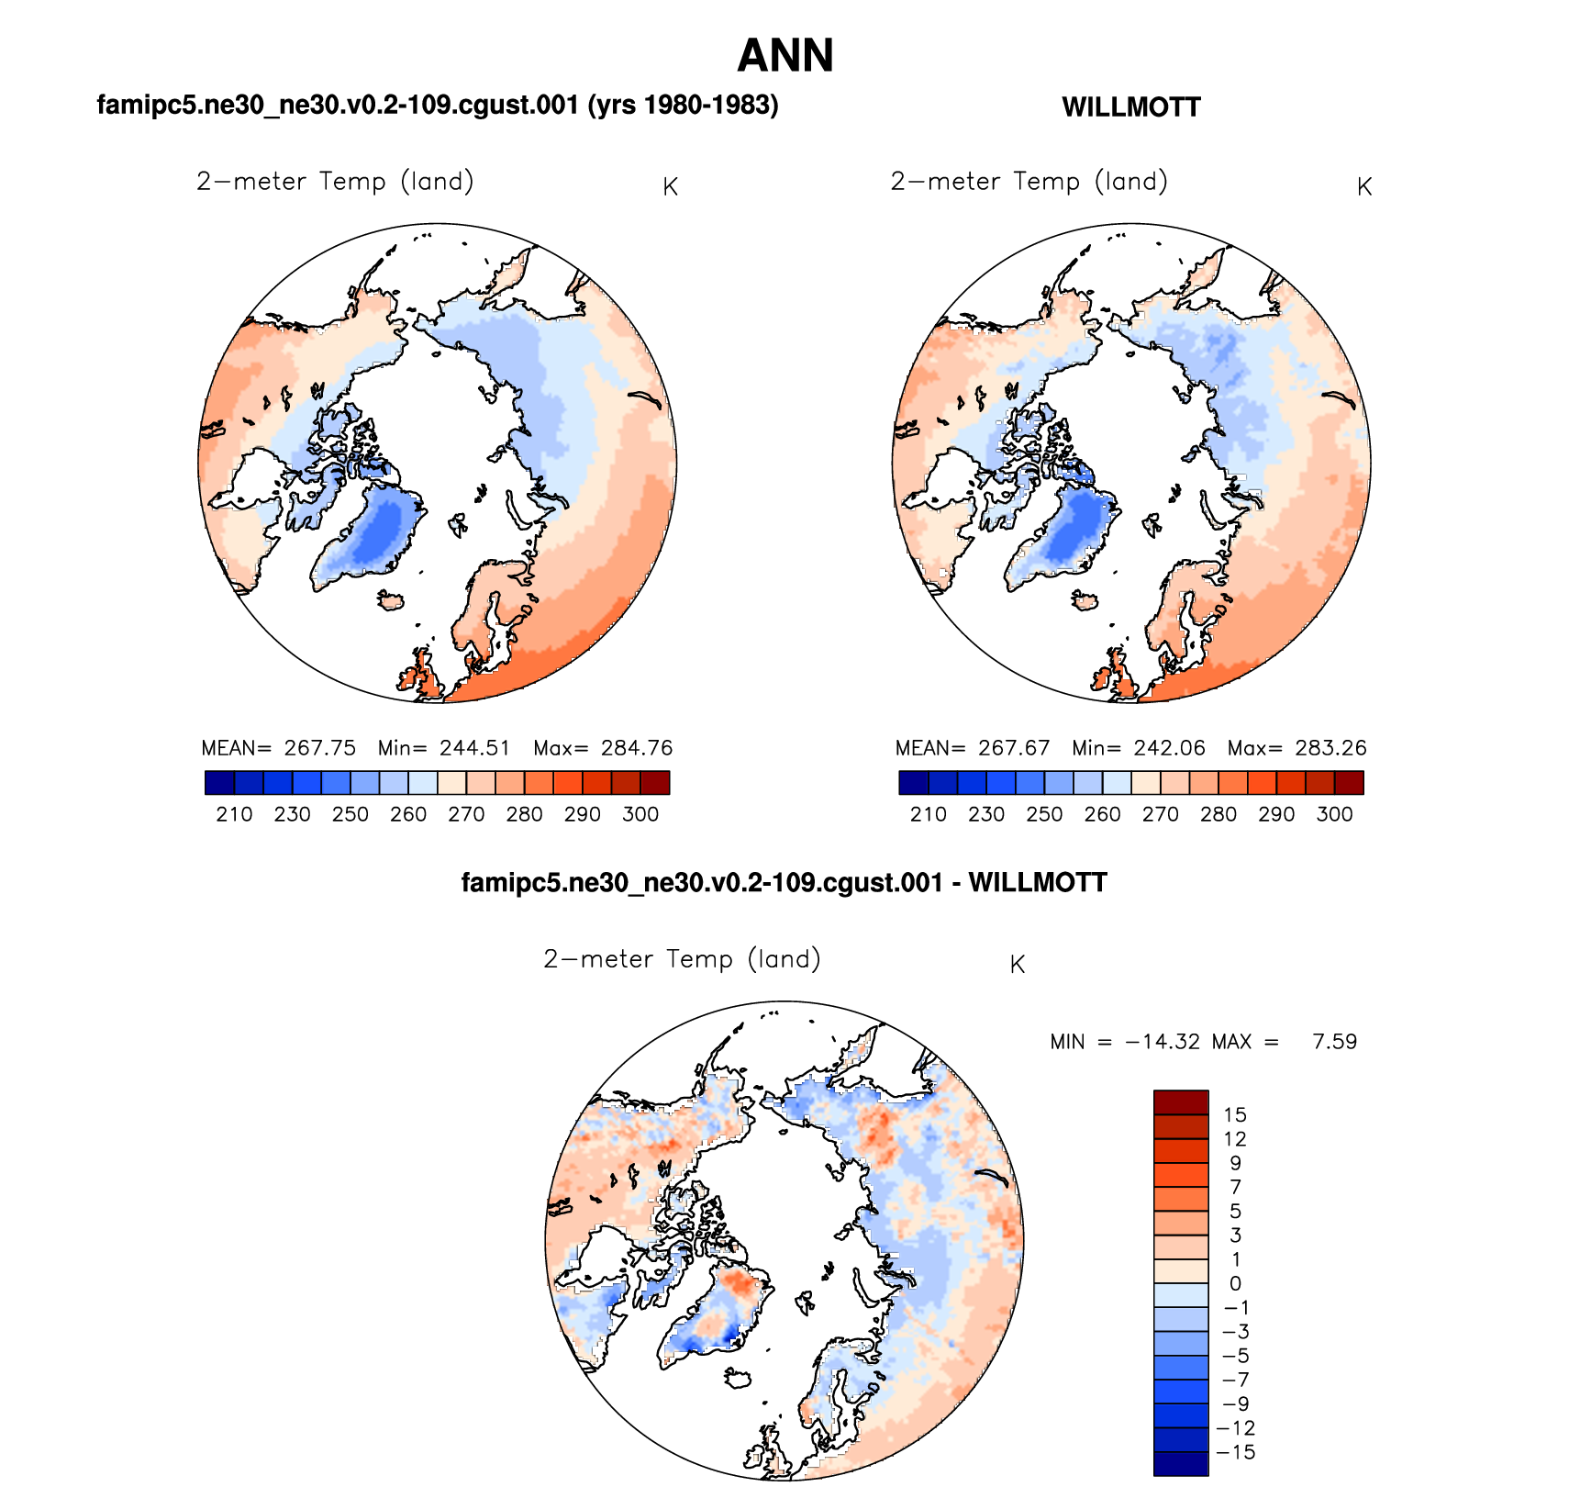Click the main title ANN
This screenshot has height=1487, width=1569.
pyautogui.click(x=785, y=56)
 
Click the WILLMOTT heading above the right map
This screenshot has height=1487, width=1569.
pyautogui.click(x=1130, y=107)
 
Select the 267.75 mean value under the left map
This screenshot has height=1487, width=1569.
pyautogui.click(x=319, y=748)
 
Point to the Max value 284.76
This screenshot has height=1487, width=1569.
pyautogui.click(x=637, y=748)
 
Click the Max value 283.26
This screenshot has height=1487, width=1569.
pyautogui.click(x=1330, y=748)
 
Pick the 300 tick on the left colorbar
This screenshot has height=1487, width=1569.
pyautogui.click(x=640, y=814)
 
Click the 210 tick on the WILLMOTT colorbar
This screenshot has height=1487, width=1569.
pyautogui.click(x=929, y=814)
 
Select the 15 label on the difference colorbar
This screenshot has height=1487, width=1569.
pyautogui.click(x=1235, y=1115)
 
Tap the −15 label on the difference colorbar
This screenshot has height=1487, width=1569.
pyautogui.click(x=1235, y=1452)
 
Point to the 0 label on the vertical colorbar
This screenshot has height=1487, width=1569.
pyautogui.click(x=1235, y=1284)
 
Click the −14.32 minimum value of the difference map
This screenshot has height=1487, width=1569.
pyautogui.click(x=1163, y=1042)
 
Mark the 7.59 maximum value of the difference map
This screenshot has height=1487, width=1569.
pyautogui.click(x=1334, y=1042)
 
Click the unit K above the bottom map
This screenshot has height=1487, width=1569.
pyautogui.click(x=1017, y=965)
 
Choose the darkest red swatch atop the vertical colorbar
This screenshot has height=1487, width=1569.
pyautogui.click(x=1181, y=1101)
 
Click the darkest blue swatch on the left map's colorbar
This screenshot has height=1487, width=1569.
pyautogui.click(x=220, y=783)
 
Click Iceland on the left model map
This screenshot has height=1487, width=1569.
pyautogui.click(x=392, y=601)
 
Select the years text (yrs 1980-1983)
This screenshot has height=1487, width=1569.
pyautogui.click(x=683, y=106)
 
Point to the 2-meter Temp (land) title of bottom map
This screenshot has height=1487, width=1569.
pyautogui.click(x=682, y=959)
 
